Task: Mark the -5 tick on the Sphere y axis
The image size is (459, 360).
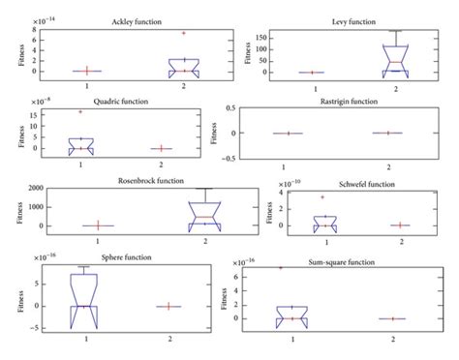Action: click(34, 329)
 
